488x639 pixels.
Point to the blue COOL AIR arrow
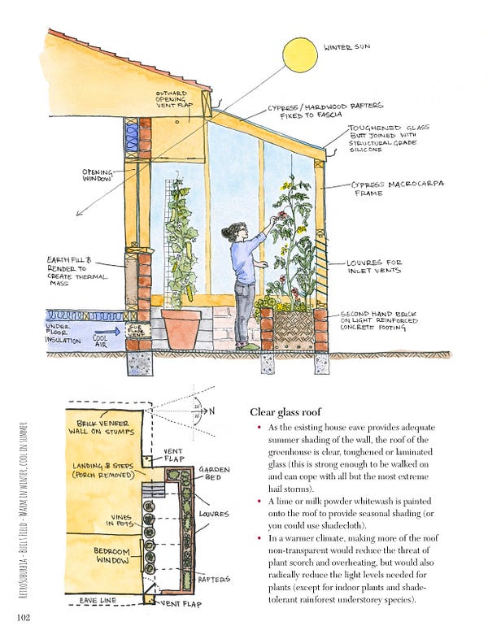[104, 332]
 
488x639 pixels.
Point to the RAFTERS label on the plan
[215, 579]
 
